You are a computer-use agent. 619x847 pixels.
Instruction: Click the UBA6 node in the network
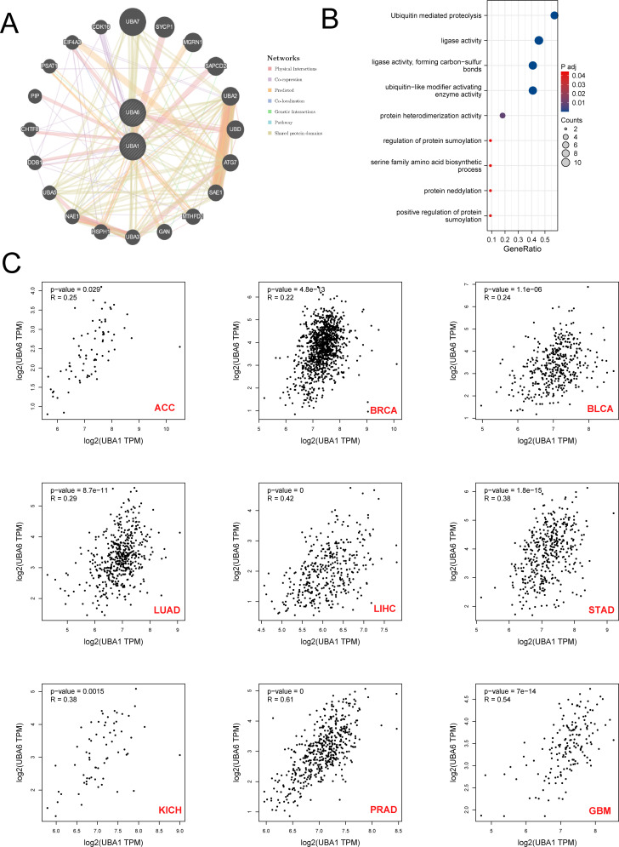(x=132, y=111)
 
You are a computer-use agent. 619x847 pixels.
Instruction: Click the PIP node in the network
(x=35, y=95)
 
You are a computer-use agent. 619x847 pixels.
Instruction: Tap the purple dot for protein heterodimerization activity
(x=503, y=115)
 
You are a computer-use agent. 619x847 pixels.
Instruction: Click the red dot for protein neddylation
(x=491, y=190)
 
